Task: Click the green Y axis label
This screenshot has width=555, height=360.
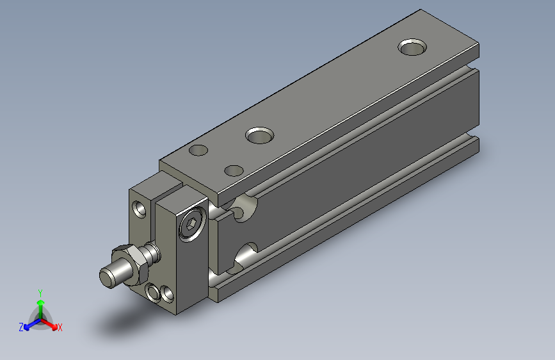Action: point(40,292)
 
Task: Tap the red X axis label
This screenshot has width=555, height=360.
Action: point(60,327)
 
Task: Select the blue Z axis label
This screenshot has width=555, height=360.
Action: point(21,327)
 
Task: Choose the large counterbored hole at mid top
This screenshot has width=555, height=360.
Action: point(260,135)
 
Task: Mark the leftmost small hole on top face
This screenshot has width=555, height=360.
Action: point(199,151)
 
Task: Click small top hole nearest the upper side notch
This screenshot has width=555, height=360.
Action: point(234,170)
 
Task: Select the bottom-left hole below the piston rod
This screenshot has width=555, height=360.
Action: point(154,293)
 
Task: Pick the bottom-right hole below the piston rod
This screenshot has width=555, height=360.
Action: point(168,294)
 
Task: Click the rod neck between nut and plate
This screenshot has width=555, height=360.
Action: point(152,252)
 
